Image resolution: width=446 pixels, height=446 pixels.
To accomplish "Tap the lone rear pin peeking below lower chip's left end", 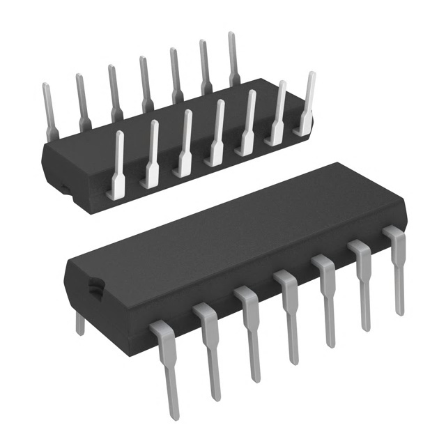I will [79, 322].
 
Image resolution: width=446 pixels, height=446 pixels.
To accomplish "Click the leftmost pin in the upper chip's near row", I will [116, 164].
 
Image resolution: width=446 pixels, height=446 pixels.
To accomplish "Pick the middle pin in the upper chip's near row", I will [216, 132].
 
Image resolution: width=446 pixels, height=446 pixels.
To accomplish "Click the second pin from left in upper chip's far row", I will [82, 101].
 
